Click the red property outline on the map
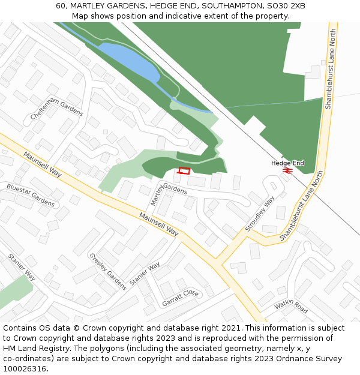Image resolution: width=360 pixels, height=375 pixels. [184, 171]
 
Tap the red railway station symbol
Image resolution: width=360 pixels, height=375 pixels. [287, 170]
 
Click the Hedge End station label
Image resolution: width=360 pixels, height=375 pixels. [287, 163]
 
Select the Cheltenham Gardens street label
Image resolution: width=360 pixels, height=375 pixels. [58, 108]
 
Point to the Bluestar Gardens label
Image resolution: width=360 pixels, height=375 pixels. [31, 196]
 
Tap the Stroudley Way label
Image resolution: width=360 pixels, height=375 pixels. [260, 214]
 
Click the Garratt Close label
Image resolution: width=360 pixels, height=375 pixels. [180, 298]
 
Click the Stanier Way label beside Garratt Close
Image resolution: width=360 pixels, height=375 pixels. [145, 274]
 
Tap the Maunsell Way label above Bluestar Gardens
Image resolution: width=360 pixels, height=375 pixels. [43, 164]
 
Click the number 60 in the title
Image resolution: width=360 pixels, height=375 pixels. [61, 5]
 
